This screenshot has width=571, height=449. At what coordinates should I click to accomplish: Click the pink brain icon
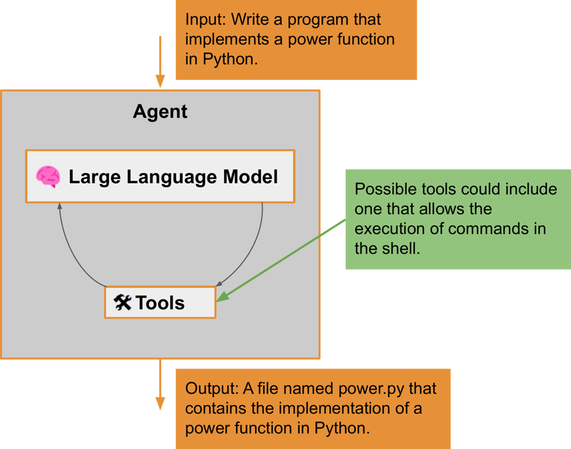pyautogui.click(x=48, y=177)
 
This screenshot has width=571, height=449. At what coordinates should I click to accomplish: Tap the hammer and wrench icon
pyautogui.click(x=122, y=303)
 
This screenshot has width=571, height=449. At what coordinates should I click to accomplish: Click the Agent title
pyautogui.click(x=160, y=112)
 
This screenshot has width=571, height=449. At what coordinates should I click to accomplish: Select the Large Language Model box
pyautogui.click(x=160, y=176)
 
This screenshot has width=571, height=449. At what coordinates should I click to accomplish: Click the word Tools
pyautogui.click(x=160, y=303)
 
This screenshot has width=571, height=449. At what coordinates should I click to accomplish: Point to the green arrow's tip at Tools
pyautogui.click(x=219, y=299)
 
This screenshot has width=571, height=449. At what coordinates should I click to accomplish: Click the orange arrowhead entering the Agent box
pyautogui.click(x=160, y=82)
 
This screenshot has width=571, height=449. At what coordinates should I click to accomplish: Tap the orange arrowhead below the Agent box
pyautogui.click(x=160, y=403)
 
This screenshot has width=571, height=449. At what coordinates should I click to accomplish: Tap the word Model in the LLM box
pyautogui.click(x=249, y=177)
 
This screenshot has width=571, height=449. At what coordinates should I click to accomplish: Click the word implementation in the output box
pyautogui.click(x=324, y=408)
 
